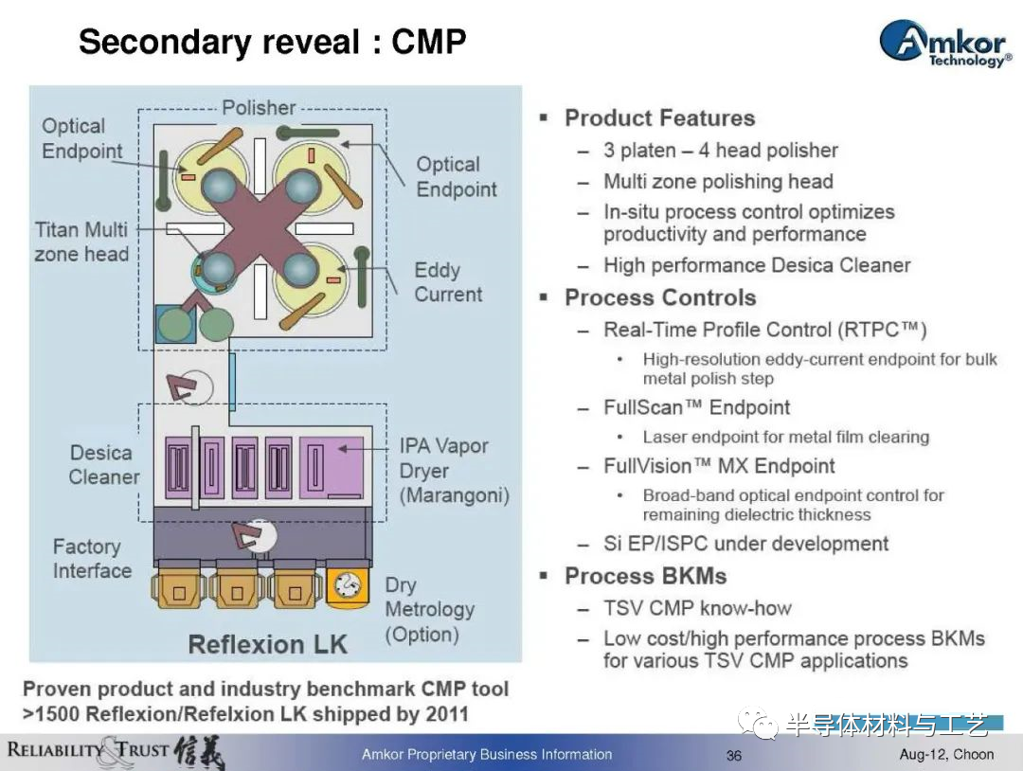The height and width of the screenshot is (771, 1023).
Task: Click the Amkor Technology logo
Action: point(945,43)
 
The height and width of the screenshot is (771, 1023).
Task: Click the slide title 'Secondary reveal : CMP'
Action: point(272,42)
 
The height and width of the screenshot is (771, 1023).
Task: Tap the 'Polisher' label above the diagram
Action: point(259,108)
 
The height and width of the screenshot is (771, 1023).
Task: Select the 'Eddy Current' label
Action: point(448,282)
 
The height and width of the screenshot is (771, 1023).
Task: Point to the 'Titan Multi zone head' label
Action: point(81,242)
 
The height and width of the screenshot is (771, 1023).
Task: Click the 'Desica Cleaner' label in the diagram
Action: point(104,464)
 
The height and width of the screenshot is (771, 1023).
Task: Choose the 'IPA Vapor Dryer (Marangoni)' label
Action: point(454,471)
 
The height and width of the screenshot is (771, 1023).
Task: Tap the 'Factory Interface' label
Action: point(92,558)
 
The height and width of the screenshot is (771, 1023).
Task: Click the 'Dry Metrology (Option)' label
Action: point(429,609)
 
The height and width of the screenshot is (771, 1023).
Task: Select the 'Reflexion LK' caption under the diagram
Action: point(267,644)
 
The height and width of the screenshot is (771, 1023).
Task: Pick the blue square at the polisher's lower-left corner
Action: point(172,324)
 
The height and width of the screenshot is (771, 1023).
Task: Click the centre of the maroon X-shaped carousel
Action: point(259,227)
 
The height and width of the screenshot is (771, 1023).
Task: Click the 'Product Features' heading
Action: point(659,118)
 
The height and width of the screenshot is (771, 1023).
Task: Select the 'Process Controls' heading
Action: point(660,297)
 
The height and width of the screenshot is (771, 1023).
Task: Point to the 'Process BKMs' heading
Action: point(645,576)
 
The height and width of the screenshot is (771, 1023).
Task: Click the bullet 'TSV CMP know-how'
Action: point(697,608)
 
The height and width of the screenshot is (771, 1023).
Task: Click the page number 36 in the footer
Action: point(734,755)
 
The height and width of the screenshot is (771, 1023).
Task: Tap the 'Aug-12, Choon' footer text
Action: point(946,755)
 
